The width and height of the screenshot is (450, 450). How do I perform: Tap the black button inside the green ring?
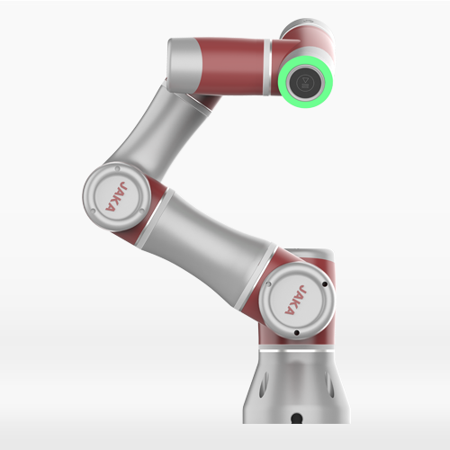click(305, 82)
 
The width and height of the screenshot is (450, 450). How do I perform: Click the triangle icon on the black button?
click(306, 80)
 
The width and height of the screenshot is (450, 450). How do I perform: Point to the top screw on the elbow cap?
click(117, 169)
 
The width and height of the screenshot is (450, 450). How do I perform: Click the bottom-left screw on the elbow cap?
click(93, 211)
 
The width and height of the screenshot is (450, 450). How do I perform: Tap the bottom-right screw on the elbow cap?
click(142, 211)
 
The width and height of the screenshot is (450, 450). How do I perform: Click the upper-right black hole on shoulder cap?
click(325, 283)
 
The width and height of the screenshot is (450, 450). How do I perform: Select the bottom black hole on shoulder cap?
click(297, 333)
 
